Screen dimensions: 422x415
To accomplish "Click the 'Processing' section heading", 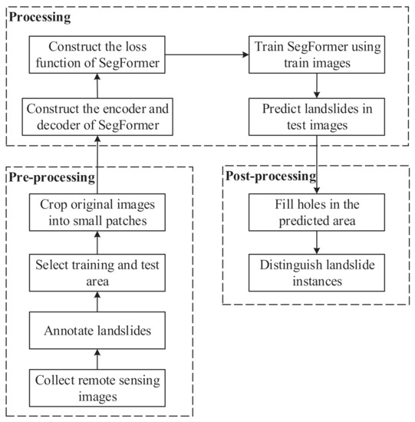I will (37, 15).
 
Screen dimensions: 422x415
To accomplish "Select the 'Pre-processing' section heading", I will (51, 177).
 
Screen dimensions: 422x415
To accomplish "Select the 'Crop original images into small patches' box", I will (97, 213).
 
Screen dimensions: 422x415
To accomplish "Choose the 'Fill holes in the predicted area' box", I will (317, 213).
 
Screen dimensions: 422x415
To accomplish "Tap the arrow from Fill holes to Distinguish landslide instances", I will (317, 243).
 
